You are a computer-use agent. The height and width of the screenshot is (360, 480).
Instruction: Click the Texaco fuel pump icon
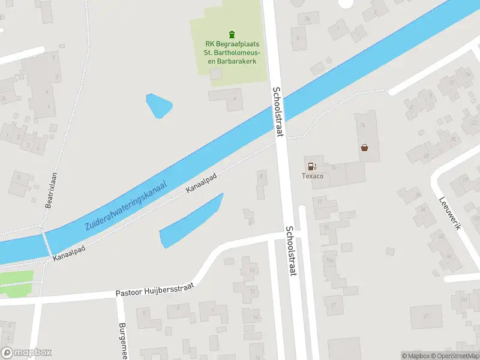pyautogui.click(x=311, y=166)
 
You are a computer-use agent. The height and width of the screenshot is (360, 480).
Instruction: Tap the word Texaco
pyautogui.click(x=312, y=176)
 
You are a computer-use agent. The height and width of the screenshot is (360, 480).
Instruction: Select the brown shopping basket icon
pyautogui.click(x=364, y=147)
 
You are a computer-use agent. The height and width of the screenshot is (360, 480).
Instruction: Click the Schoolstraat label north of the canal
pyautogui.click(x=277, y=112)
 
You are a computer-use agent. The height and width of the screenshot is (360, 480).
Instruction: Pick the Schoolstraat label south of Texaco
pyautogui.click(x=292, y=251)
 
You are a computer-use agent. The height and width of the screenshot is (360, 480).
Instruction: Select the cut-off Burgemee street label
pyautogui.click(x=122, y=340)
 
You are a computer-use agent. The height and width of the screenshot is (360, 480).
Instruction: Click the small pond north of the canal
pyautogui.click(x=159, y=106)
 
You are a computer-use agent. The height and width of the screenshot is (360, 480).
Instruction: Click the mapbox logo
pyautogui.click(x=26, y=353)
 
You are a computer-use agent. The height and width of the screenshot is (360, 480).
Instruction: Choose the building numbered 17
pyautogui.click(x=333, y=305)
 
